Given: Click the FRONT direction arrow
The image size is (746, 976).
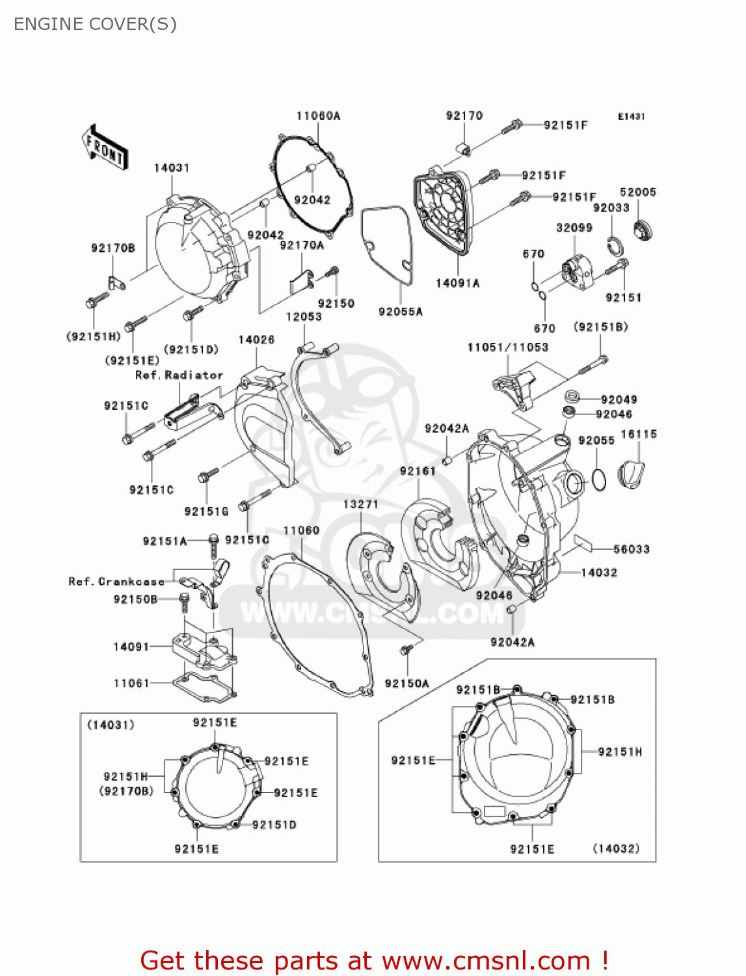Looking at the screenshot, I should click(x=105, y=148).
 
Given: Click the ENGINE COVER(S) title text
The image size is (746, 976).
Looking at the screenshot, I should click(x=95, y=24).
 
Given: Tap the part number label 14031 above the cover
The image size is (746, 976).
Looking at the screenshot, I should click(x=172, y=168).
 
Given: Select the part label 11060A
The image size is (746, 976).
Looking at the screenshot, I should click(x=318, y=116).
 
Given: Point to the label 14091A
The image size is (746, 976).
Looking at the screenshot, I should click(x=457, y=283).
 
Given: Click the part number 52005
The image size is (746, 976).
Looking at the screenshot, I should click(x=637, y=192).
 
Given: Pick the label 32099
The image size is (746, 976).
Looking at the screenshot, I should click(x=574, y=228).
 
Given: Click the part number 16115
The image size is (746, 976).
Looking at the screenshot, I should click(x=639, y=434).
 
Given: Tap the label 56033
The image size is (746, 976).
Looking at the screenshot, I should click(x=631, y=549).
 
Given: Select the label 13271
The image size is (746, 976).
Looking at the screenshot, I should click(x=360, y=504).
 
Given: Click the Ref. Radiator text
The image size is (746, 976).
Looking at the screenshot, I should click(x=179, y=375).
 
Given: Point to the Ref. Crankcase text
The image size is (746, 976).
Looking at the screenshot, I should click(x=116, y=581).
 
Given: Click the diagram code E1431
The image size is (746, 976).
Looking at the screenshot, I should click(x=631, y=116).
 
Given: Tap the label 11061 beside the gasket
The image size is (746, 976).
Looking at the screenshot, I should click(x=131, y=683).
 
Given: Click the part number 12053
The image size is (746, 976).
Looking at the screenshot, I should click(x=304, y=317).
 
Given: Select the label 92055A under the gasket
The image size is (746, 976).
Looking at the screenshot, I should click(x=401, y=312).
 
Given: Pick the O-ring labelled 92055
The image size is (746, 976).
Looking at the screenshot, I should click(x=598, y=480).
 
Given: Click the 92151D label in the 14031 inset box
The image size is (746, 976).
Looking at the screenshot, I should click(x=274, y=825).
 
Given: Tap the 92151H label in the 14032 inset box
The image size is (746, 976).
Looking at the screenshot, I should click(x=620, y=752).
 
